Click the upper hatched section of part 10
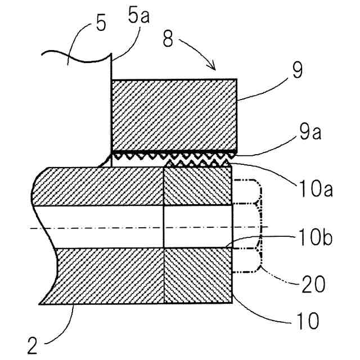point(197,186)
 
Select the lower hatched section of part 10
point(197,276)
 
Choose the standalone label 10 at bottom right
point(307,321)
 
